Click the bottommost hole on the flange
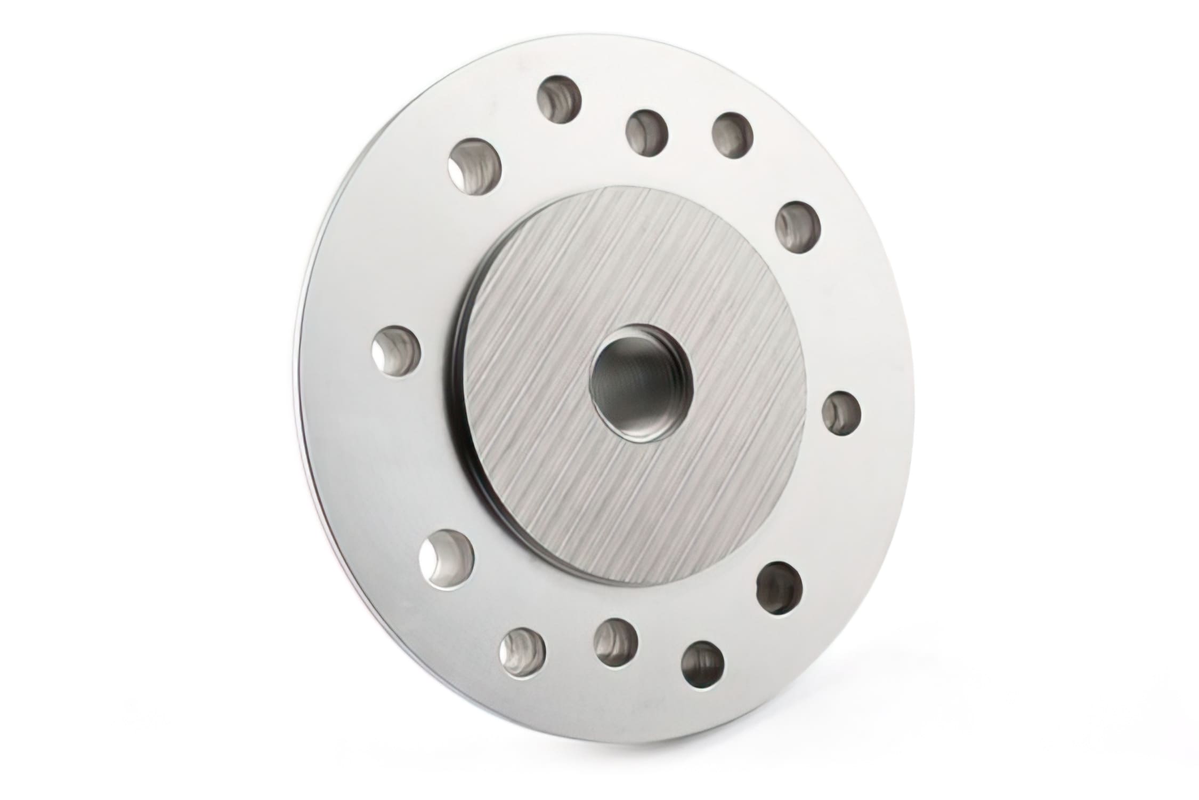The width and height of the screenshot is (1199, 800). click(x=703, y=663)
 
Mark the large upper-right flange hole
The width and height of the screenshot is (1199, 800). click(x=798, y=227)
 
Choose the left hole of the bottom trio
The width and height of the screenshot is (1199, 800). click(x=523, y=650)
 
